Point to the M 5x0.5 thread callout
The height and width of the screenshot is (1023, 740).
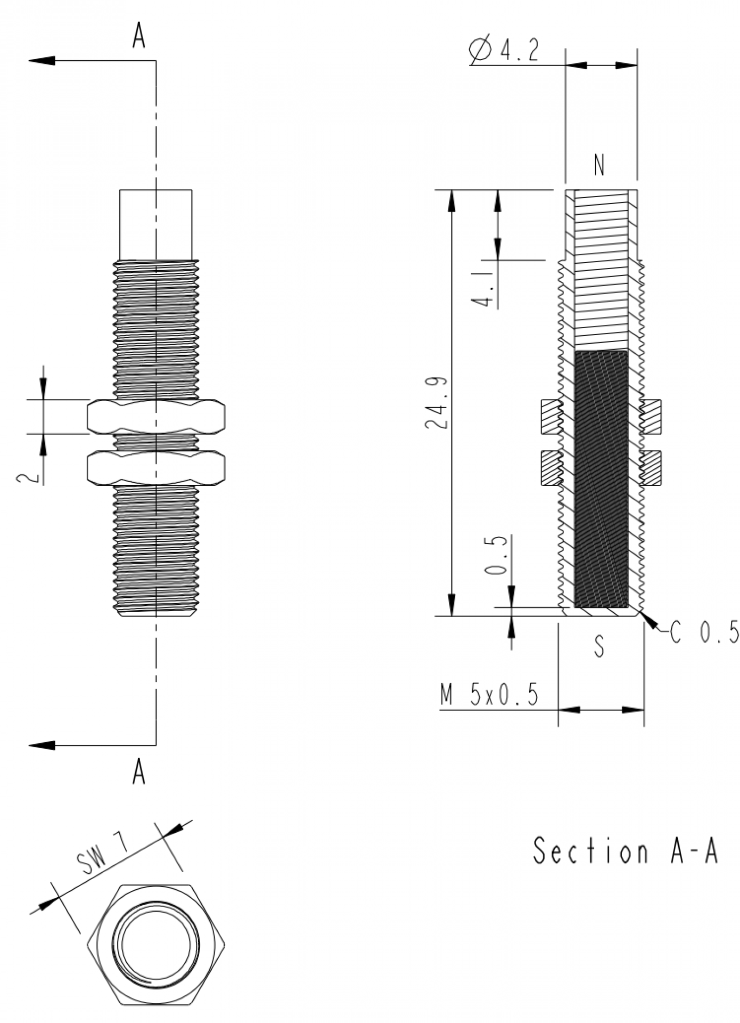[x=489, y=695]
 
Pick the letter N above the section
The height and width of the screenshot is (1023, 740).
[x=600, y=166]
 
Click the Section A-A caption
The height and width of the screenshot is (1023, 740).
[x=626, y=851]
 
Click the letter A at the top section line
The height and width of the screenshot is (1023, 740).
[x=139, y=36]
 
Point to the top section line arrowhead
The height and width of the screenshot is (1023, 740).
[x=42, y=60]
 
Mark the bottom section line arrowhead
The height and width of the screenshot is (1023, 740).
[x=42, y=745]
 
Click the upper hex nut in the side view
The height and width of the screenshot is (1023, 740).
[x=155, y=417]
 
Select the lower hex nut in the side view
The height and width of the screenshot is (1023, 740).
[x=155, y=468]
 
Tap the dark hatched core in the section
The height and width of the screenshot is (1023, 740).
[x=602, y=480]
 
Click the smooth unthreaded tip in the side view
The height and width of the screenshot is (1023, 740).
[x=155, y=224]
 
